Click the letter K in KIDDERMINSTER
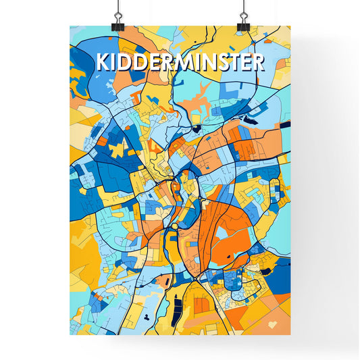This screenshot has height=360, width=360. pyautogui.click(x=103, y=62)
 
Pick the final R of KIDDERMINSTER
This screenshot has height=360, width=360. pyautogui.click(x=257, y=62)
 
